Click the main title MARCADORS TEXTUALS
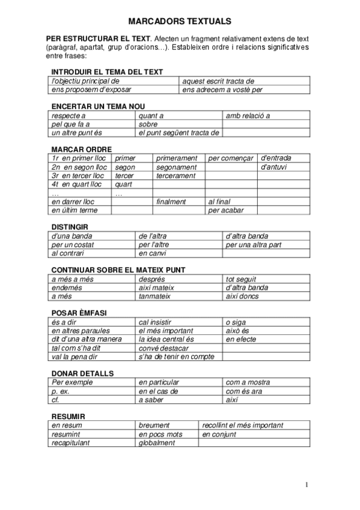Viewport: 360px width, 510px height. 179,20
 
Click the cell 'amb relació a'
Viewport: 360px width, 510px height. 248,115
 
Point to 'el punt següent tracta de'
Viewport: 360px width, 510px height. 178,133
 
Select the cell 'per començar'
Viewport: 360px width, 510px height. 231,158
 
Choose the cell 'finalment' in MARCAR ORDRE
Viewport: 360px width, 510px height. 171,201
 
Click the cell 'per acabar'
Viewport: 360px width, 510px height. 224,210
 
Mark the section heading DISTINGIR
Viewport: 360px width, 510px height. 68,227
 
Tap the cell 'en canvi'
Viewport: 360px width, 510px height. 153,254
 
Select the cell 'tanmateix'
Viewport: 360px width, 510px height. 155,296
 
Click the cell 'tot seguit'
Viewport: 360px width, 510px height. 241,279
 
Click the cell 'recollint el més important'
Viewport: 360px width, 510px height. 243,425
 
